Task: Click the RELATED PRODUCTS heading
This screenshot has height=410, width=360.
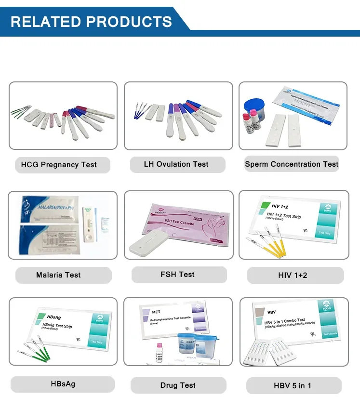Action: (x=92, y=22)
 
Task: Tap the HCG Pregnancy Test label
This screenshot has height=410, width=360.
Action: (x=59, y=165)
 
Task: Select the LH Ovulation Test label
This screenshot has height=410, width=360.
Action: (x=176, y=164)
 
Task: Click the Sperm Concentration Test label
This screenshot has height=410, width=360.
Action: (x=292, y=164)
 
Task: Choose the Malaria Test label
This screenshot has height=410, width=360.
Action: (x=58, y=275)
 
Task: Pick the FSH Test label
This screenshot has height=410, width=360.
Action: (x=178, y=275)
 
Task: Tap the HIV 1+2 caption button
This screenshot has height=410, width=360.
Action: (x=293, y=276)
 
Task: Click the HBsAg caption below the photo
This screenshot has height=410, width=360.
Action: (x=63, y=384)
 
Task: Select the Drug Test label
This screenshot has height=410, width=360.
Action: (x=178, y=385)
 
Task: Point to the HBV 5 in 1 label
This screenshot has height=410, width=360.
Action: (x=293, y=386)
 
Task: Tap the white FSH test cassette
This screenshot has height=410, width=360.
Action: (x=151, y=245)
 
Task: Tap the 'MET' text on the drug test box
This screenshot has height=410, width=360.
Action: (x=156, y=312)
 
